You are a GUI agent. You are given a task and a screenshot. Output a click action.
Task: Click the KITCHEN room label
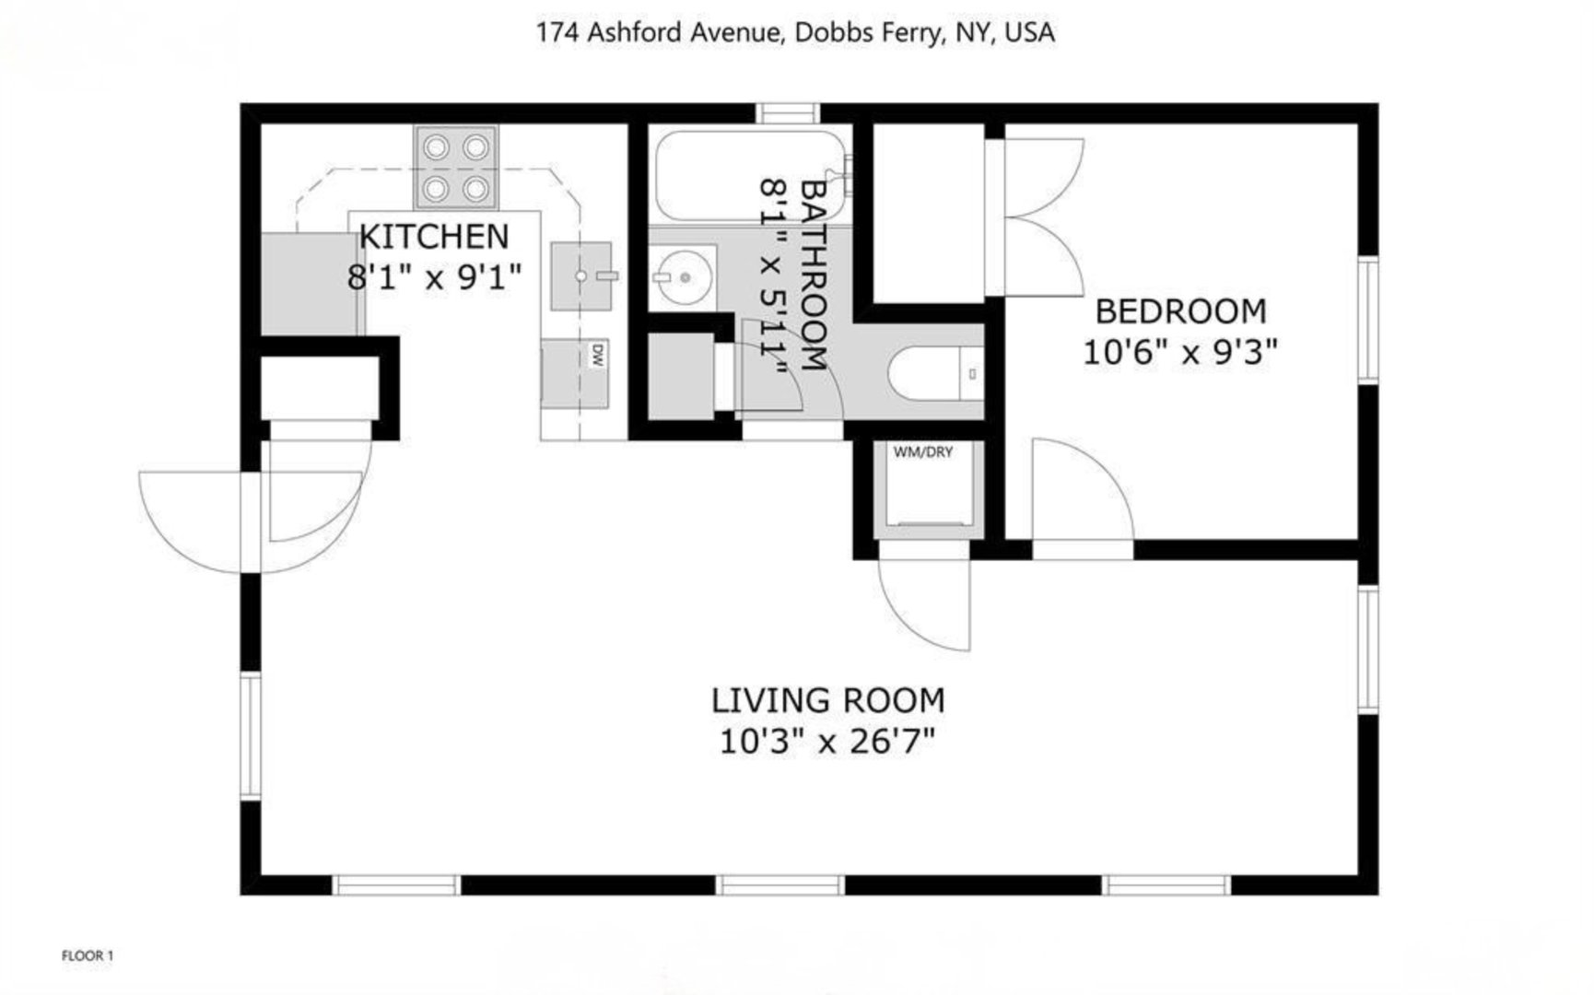433,237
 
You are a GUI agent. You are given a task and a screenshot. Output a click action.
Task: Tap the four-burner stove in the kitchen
455,169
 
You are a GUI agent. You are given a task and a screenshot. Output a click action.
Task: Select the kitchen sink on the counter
581,275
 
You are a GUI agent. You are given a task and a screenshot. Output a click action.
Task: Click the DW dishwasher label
596,355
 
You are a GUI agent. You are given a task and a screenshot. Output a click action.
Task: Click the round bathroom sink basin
683,277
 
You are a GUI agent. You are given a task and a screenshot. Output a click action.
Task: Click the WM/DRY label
922,452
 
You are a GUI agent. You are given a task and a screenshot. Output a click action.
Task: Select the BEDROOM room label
1180,311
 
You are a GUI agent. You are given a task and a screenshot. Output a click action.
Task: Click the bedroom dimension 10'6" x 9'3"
1180,352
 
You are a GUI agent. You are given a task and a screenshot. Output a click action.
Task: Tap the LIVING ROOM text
827,700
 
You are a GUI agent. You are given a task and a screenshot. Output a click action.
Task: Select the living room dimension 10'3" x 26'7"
827,741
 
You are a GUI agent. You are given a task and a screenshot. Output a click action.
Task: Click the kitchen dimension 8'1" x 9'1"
433,276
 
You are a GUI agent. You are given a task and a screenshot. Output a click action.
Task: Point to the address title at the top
795,33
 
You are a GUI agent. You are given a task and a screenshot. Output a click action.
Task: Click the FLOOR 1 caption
88,955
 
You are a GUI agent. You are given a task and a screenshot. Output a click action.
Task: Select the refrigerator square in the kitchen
310,284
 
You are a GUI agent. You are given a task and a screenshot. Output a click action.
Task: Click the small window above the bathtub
788,113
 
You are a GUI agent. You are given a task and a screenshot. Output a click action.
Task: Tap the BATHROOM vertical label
812,275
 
